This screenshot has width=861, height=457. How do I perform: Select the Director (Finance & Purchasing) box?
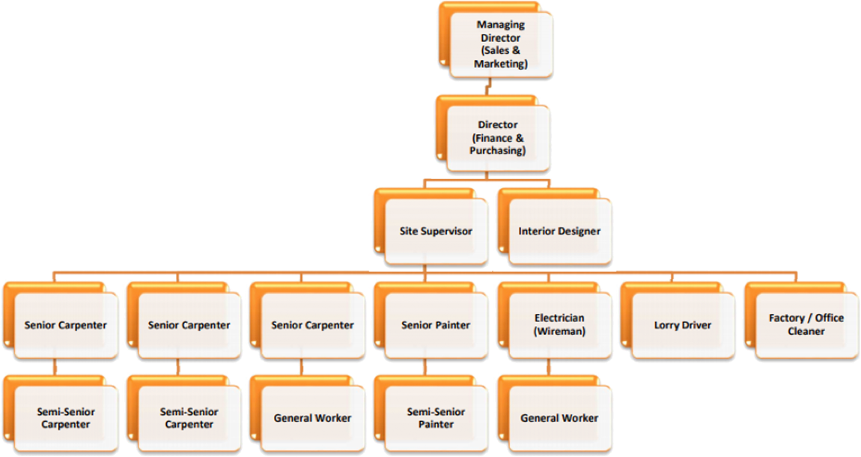(497, 138)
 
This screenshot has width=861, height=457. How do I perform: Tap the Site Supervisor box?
(436, 231)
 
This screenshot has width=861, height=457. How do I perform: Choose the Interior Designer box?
(559, 231)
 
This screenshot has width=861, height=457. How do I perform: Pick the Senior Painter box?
(436, 325)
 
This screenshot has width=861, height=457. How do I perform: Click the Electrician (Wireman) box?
(559, 325)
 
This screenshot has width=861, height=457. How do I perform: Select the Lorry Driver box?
(682, 325)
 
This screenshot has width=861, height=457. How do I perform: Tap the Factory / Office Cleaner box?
(806, 325)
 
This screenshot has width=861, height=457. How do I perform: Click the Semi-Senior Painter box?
(436, 418)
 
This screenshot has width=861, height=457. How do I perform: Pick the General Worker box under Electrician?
(559, 418)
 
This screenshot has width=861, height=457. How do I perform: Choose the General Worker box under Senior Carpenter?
(312, 418)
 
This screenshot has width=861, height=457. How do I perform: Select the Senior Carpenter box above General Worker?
(312, 325)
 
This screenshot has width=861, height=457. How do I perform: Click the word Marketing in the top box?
(500, 64)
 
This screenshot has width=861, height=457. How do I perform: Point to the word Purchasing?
(497, 151)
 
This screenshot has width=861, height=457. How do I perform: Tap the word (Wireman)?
(559, 331)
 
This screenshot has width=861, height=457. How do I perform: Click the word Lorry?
(666, 325)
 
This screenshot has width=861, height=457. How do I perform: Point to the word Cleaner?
(806, 331)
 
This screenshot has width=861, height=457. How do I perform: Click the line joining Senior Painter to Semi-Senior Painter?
(425, 367)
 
